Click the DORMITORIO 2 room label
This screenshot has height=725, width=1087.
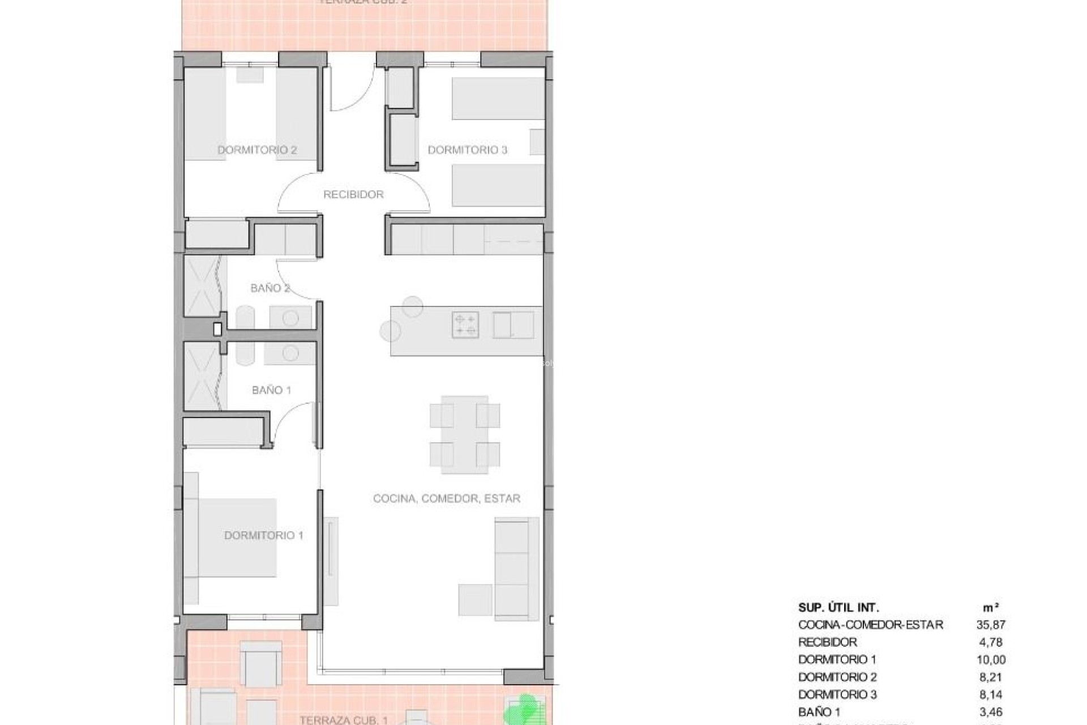tap(257, 150)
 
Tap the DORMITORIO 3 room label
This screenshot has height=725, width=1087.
tap(467, 150)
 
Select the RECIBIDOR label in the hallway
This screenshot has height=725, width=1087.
tap(353, 194)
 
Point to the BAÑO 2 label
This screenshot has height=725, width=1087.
tap(270, 288)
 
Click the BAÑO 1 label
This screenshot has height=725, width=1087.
tap(271, 390)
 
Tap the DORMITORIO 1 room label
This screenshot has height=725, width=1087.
tap(264, 535)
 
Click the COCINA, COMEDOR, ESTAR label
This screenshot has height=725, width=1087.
tap(447, 498)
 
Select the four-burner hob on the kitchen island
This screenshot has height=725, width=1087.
tap(465, 325)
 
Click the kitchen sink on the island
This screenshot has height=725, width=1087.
tap(513, 325)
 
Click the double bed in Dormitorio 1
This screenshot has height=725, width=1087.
tap(238, 537)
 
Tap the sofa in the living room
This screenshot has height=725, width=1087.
tap(516, 568)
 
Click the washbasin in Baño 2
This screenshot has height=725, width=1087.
tap(290, 318)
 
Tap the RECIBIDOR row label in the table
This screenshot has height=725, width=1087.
tap(827, 642)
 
